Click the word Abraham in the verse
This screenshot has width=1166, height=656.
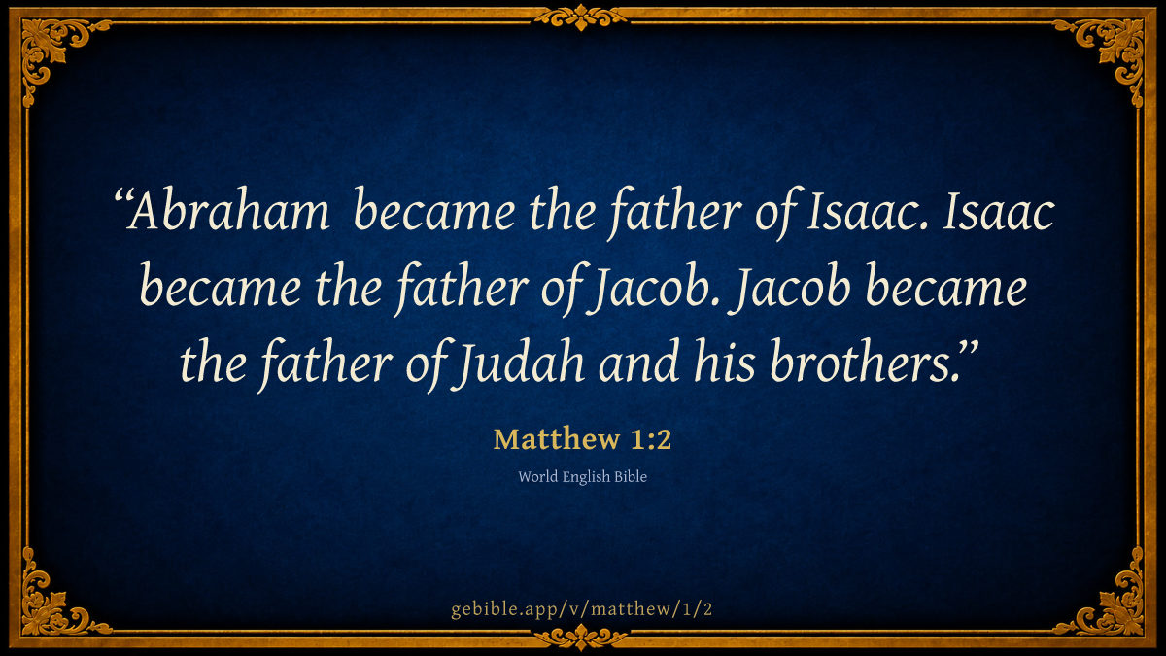click(228, 212)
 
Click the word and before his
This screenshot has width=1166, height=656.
click(638, 361)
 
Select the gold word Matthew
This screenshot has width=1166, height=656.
click(557, 439)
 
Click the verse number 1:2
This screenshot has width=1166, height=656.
click(651, 439)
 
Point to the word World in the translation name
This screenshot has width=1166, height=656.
click(537, 476)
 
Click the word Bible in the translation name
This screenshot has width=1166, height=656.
click(631, 476)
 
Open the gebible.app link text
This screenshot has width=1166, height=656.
click(581, 609)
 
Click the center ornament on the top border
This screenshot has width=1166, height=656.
click(581, 17)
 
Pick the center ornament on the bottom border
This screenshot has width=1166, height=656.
click(581, 638)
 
